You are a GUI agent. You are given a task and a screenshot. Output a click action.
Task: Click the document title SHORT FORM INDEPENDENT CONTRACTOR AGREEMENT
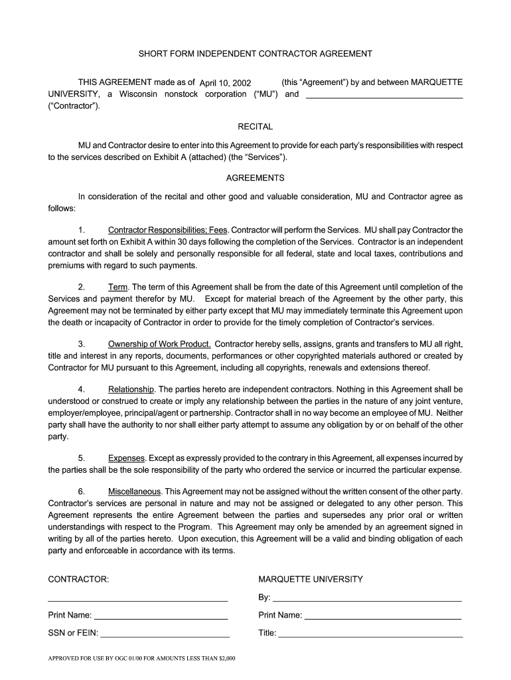[255, 54]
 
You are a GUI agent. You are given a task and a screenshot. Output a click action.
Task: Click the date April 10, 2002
[226, 83]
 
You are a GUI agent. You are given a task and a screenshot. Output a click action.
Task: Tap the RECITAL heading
[255, 126]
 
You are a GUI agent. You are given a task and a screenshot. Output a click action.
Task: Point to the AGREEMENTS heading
[255, 178]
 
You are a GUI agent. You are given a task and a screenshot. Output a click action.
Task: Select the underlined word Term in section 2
[117, 287]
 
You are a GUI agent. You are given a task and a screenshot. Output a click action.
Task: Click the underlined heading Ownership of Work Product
[159, 344]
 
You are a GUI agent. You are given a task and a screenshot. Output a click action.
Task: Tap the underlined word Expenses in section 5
[126, 458]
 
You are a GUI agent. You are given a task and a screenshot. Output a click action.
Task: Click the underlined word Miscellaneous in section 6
[135, 491]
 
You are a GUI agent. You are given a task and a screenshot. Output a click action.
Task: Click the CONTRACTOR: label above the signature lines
[78, 579]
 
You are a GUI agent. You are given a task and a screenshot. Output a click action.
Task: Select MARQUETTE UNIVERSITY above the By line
[311, 579]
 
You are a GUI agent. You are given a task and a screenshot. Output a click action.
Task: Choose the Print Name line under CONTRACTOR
[161, 617]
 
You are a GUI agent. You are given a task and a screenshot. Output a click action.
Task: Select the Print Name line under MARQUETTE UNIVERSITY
[382, 617]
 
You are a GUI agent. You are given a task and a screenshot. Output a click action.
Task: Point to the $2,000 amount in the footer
[226, 659]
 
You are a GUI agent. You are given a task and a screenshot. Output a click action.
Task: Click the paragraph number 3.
[80, 344]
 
